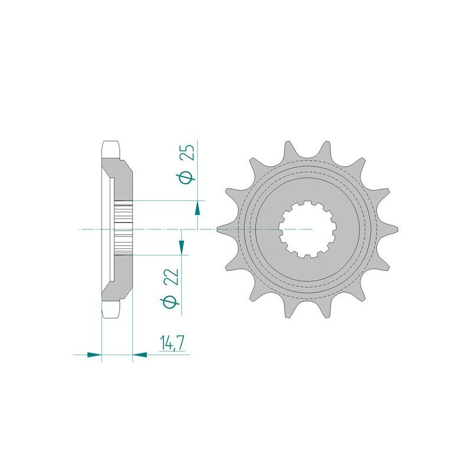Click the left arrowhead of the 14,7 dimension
coord(94,355)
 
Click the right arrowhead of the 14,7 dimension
coord(140,355)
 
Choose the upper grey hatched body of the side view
coord(121,180)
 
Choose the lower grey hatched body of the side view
coord(121,277)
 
